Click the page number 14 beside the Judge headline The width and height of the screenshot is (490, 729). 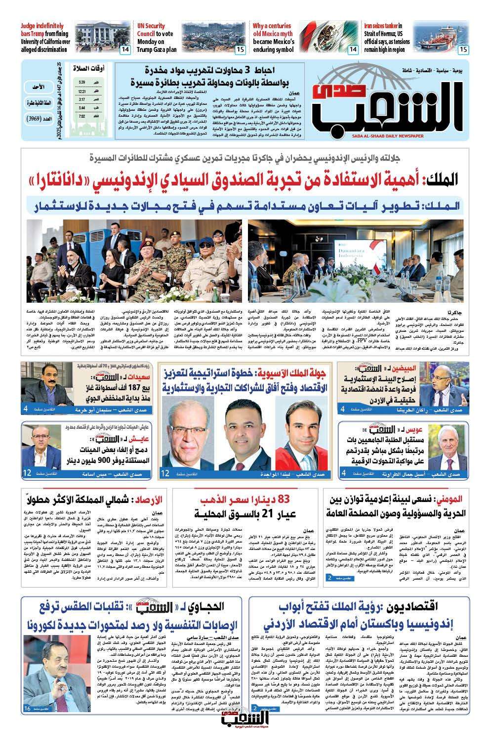[125, 49]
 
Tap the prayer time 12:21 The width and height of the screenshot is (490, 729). [82, 91]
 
